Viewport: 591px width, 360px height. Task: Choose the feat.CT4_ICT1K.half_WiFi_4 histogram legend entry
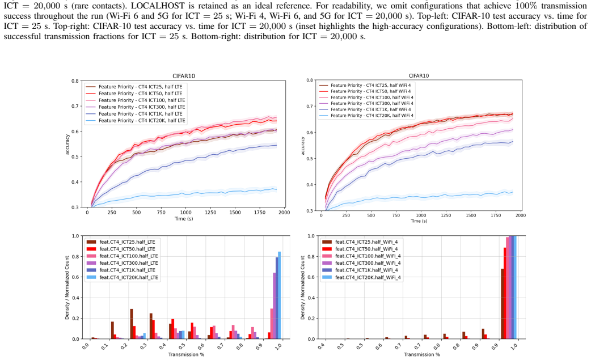[361, 270]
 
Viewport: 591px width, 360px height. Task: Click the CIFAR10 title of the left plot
[184, 76]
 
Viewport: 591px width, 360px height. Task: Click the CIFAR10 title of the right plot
[419, 76]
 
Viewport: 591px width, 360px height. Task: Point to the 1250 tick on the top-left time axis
[210, 213]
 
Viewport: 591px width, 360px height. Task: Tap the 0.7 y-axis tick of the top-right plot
[310, 106]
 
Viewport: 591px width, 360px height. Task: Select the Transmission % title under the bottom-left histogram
[186, 355]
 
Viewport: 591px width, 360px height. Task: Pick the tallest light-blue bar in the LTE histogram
[279, 295]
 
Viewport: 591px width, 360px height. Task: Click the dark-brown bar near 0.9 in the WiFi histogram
[483, 334]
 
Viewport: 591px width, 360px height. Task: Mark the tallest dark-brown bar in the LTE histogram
[132, 324]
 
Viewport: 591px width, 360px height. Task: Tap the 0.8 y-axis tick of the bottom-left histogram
[76, 257]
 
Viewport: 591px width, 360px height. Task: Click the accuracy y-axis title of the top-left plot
[67, 144]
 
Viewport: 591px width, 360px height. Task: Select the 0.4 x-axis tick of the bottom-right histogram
[322, 346]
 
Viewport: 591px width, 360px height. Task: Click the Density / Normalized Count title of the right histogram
[303, 288]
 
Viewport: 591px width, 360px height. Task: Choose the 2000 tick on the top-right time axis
[520, 215]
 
